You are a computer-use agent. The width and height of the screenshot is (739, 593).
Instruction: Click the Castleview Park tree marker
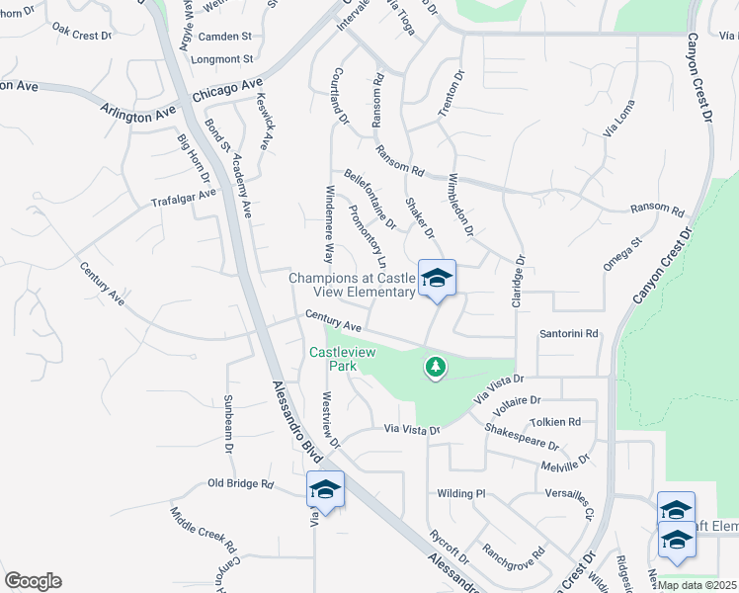pyautogui.click(x=435, y=369)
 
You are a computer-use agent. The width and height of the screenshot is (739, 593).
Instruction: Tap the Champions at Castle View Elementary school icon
pyautogui.click(x=437, y=278)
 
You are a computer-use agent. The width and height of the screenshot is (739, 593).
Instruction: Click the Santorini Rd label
pyautogui.click(x=569, y=334)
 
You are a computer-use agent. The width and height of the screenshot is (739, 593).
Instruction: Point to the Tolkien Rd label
pyautogui.click(x=554, y=422)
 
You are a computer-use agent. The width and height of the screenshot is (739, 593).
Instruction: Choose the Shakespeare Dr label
pyautogui.click(x=522, y=436)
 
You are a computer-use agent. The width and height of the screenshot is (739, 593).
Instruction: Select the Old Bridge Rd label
pyautogui.click(x=240, y=483)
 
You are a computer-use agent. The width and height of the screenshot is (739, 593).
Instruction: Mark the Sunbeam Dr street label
pyautogui.click(x=228, y=423)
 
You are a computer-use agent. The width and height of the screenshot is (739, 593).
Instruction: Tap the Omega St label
pyautogui.click(x=622, y=253)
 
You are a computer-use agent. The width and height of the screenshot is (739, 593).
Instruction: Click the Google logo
pyautogui.click(x=33, y=581)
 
